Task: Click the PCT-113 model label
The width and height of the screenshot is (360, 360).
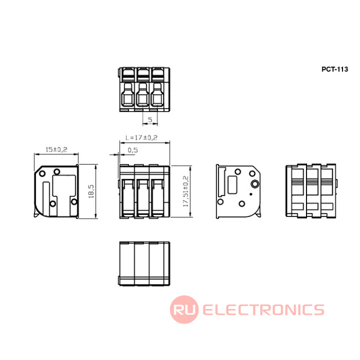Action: point(334,69)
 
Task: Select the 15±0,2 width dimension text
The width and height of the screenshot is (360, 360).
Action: point(57,150)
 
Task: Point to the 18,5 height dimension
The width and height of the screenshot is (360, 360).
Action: point(91,191)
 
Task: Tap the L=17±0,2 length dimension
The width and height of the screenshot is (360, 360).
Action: point(141,137)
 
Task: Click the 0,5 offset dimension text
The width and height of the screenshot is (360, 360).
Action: point(133,150)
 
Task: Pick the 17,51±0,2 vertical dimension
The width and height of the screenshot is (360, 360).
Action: point(186,191)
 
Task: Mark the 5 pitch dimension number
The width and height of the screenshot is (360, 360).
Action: point(150,119)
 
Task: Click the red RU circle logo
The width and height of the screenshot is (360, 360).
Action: point(184,310)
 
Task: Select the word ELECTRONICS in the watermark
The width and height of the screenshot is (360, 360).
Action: point(263,310)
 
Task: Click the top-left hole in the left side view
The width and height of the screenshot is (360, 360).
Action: point(42,173)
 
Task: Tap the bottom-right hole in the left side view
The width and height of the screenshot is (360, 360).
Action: point(74,202)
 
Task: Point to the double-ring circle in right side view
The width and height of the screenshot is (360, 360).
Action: point(255,184)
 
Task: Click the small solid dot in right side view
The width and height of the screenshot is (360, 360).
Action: point(251,194)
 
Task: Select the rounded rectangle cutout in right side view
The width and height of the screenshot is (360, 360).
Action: point(232,185)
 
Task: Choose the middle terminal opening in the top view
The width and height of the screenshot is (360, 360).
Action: point(143,95)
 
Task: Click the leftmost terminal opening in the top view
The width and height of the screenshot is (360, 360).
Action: point(128,95)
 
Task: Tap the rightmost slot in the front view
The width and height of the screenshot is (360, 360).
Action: point(157,198)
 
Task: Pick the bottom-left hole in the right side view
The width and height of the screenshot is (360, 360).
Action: point(220,202)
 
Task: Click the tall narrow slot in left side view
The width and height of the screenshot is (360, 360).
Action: point(46,199)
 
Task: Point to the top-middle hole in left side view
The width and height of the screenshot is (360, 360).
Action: point(57,171)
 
